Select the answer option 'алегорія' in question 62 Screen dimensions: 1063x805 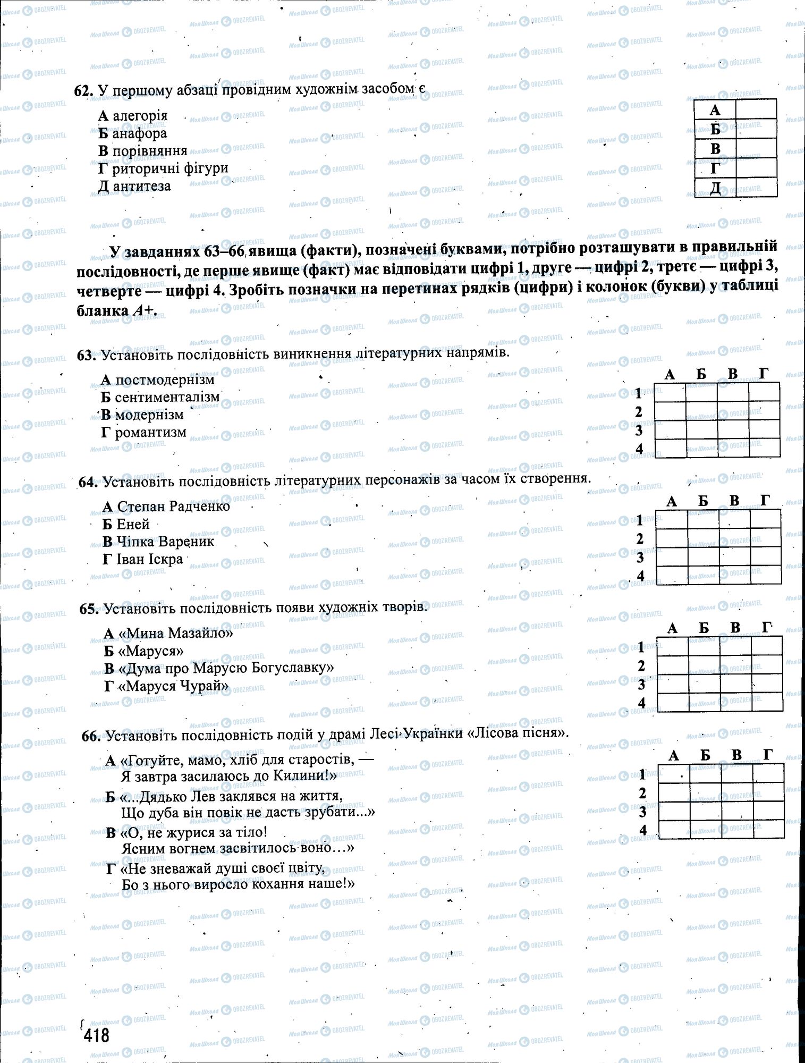pos(140,116)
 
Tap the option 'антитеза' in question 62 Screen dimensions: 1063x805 pos(141,186)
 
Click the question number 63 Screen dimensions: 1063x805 pos(85,355)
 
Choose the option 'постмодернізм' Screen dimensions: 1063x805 pos(165,379)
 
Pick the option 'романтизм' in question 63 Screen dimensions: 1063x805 pos(151,432)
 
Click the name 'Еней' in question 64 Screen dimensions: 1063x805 pos(133,524)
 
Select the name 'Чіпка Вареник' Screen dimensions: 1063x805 pos(165,542)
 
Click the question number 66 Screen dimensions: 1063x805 pos(91,736)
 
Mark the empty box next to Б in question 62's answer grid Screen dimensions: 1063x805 pos(756,129)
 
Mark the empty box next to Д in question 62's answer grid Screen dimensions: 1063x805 pos(756,188)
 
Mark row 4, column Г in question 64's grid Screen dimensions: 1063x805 pos(766,575)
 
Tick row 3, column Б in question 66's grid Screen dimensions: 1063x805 pos(706,811)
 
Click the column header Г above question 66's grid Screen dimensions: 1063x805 pos(768,754)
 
